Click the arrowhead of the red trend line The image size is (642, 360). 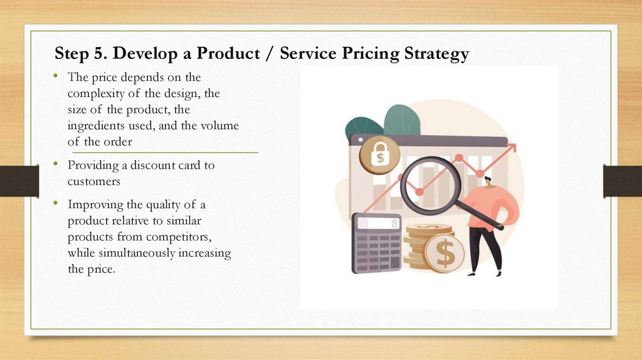513,147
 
